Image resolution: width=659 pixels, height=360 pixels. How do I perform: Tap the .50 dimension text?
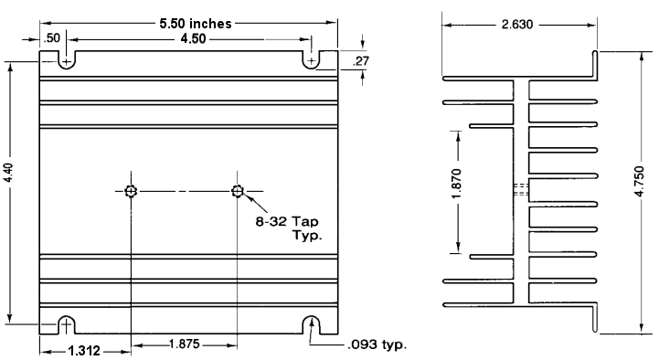point(52,38)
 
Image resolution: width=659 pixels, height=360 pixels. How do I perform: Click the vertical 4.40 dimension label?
point(10,192)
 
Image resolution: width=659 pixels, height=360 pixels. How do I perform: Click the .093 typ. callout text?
point(376,344)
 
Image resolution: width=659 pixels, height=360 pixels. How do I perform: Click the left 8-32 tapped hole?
point(132,191)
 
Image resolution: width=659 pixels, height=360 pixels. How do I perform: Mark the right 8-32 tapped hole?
point(238,191)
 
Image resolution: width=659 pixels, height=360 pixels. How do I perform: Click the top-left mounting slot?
point(66,59)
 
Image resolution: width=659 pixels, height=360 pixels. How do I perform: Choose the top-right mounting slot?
point(313,59)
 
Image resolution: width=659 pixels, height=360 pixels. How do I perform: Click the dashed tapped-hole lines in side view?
point(520,191)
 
